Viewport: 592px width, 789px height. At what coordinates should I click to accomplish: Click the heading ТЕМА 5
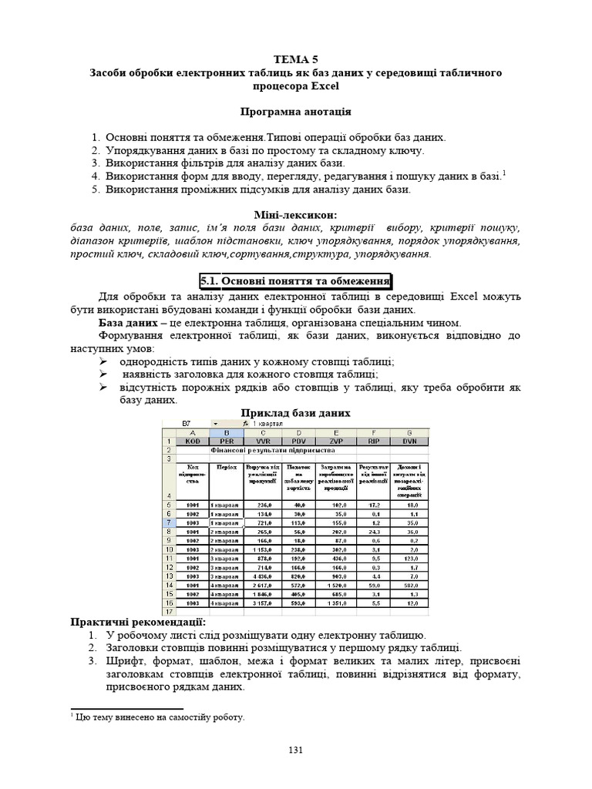coord(295,59)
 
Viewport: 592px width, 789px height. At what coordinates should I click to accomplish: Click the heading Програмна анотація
coord(295,112)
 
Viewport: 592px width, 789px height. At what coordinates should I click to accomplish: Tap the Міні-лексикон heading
coord(295,213)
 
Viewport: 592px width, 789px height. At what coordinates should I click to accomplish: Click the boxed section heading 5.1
coord(295,281)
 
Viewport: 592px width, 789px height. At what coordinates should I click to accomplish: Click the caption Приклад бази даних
coord(297,413)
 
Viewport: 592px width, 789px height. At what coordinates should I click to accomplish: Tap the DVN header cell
coord(414,442)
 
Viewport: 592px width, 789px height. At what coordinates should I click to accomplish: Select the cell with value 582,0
coord(414,585)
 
